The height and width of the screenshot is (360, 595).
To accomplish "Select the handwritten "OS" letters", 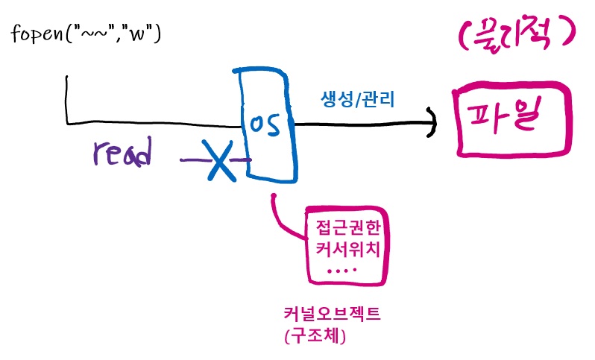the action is click(x=265, y=125).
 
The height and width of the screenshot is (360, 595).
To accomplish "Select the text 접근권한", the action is click(x=349, y=226).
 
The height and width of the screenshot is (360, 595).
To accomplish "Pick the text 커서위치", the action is click(x=349, y=248).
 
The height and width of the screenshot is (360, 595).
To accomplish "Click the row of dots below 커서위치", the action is click(x=343, y=270).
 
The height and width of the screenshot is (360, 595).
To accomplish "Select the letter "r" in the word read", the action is click(x=99, y=154).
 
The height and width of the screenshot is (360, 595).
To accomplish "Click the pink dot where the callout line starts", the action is click(x=274, y=197).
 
